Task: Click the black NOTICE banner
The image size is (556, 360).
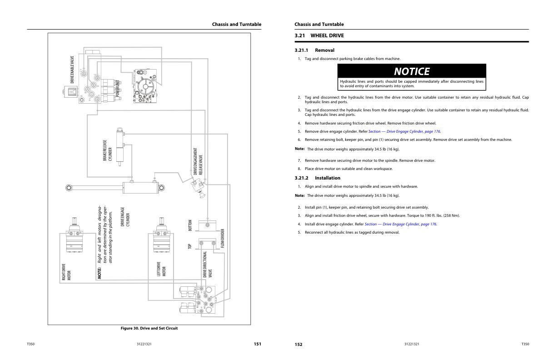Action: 411,71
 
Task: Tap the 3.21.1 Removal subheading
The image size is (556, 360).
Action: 314,50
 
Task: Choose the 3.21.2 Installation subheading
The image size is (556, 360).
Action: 317,178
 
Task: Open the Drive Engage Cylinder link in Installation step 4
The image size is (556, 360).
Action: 400,224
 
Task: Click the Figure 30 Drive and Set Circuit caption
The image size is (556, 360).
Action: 149,328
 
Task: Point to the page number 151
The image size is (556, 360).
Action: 257,344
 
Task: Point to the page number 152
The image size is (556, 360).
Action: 298,345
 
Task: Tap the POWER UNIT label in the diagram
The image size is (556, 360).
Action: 118,89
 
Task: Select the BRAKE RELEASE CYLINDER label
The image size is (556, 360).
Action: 107,150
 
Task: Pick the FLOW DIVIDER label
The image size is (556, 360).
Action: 223,239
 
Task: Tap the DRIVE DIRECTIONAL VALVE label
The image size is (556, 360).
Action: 207,264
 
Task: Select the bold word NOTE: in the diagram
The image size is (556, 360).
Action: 99,273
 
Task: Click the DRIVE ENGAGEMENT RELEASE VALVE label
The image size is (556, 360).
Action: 198,161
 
